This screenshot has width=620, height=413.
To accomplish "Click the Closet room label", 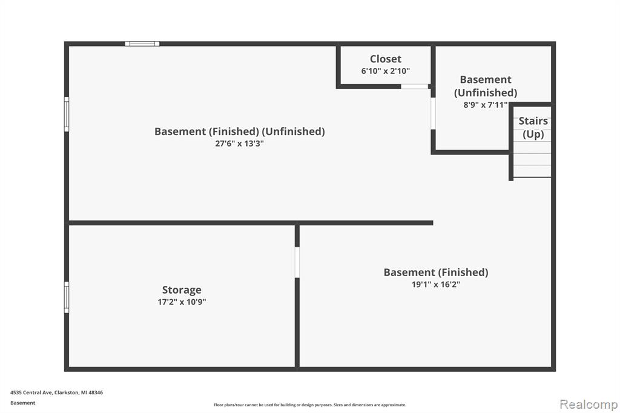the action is (x=386, y=59).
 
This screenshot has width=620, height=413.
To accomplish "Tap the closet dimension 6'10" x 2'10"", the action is (x=386, y=71).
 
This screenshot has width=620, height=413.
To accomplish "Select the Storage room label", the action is (x=182, y=290).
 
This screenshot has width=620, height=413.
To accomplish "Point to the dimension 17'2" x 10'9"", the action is (x=182, y=302).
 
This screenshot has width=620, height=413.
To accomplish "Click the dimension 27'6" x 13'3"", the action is (x=239, y=144).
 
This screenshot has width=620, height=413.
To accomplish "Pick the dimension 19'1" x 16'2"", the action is (x=436, y=285).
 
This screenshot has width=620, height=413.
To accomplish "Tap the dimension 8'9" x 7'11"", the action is (x=486, y=105).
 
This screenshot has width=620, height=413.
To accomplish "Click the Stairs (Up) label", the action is (x=533, y=127).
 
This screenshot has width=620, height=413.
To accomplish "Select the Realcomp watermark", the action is (x=589, y=405).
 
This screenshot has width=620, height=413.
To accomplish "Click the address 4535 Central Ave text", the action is (x=56, y=392).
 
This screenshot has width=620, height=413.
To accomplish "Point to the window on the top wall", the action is (x=142, y=44).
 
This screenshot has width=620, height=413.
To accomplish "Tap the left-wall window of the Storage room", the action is (x=67, y=297).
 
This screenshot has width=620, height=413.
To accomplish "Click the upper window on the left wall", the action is (x=67, y=114).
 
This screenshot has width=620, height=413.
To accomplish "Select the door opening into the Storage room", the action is (x=297, y=262).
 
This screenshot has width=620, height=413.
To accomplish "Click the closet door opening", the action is (x=415, y=86).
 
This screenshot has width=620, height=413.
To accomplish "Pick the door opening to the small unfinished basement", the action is (x=433, y=113).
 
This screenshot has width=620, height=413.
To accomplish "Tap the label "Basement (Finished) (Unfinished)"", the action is (x=240, y=131).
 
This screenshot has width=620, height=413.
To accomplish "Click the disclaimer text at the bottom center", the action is (x=310, y=405).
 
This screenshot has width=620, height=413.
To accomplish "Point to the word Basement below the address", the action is (x=22, y=403).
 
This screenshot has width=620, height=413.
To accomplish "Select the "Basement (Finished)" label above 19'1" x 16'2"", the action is (x=436, y=272).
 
